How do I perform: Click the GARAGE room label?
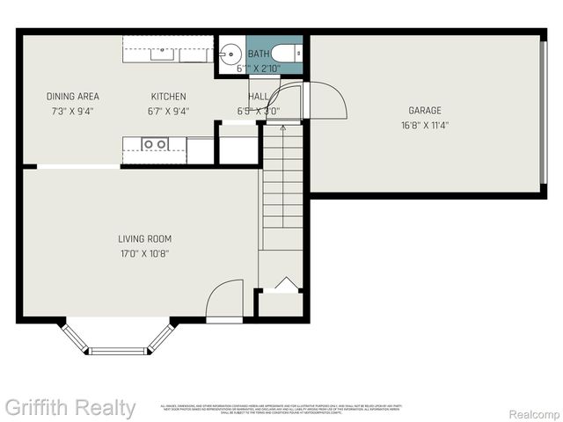[424, 111]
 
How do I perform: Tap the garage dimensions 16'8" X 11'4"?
[424, 125]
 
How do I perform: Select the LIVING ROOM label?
[145, 238]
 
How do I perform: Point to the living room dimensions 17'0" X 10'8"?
[145, 253]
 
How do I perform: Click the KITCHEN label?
[168, 97]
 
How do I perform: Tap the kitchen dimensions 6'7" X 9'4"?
[168, 111]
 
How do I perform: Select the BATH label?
[259, 54]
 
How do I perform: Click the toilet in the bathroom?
[287, 53]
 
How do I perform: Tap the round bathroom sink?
[229, 54]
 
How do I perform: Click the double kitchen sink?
[156, 143]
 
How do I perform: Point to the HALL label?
[259, 97]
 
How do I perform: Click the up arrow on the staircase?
[281, 128]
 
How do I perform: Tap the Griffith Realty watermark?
[69, 408]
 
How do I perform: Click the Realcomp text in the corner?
[534, 413]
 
